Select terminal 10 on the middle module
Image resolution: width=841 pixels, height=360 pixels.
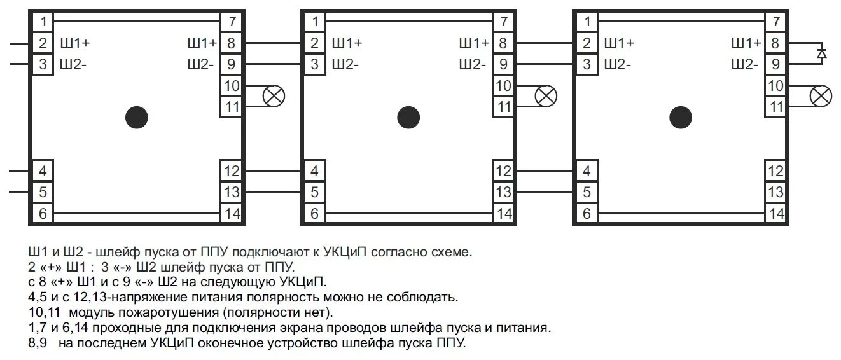[x=503, y=85]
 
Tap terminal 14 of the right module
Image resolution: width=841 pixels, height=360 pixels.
[x=775, y=214]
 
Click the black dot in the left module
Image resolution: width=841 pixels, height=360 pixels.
[x=137, y=117]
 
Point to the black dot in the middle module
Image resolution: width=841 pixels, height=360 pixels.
[x=408, y=117]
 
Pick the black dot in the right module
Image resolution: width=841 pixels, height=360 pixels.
[x=681, y=117]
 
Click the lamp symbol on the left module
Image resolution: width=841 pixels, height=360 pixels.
[x=274, y=96]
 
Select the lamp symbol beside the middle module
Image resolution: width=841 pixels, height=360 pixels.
[x=546, y=96]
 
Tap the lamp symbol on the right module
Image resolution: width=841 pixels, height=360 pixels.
[x=821, y=96]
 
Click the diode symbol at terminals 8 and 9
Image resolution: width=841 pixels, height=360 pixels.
[x=821, y=54]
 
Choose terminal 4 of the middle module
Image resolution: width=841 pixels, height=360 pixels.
[x=314, y=171]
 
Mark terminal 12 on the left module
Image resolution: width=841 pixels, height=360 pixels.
[x=232, y=171]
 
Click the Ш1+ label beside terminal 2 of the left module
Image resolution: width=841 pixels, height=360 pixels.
[x=74, y=43]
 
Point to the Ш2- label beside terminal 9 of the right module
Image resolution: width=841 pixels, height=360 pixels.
[x=745, y=64]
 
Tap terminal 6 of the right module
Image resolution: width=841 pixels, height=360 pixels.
[x=587, y=214]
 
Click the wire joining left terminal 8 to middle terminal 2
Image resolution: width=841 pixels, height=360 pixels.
[x=272, y=43]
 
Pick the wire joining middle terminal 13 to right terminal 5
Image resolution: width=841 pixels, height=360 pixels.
[x=544, y=191]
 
